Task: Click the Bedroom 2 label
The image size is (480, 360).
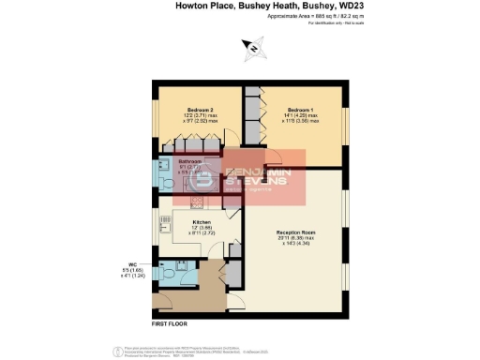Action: pos(200,110)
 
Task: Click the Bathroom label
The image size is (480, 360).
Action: pos(191,161)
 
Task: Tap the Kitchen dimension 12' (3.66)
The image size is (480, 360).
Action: pos(195,230)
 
